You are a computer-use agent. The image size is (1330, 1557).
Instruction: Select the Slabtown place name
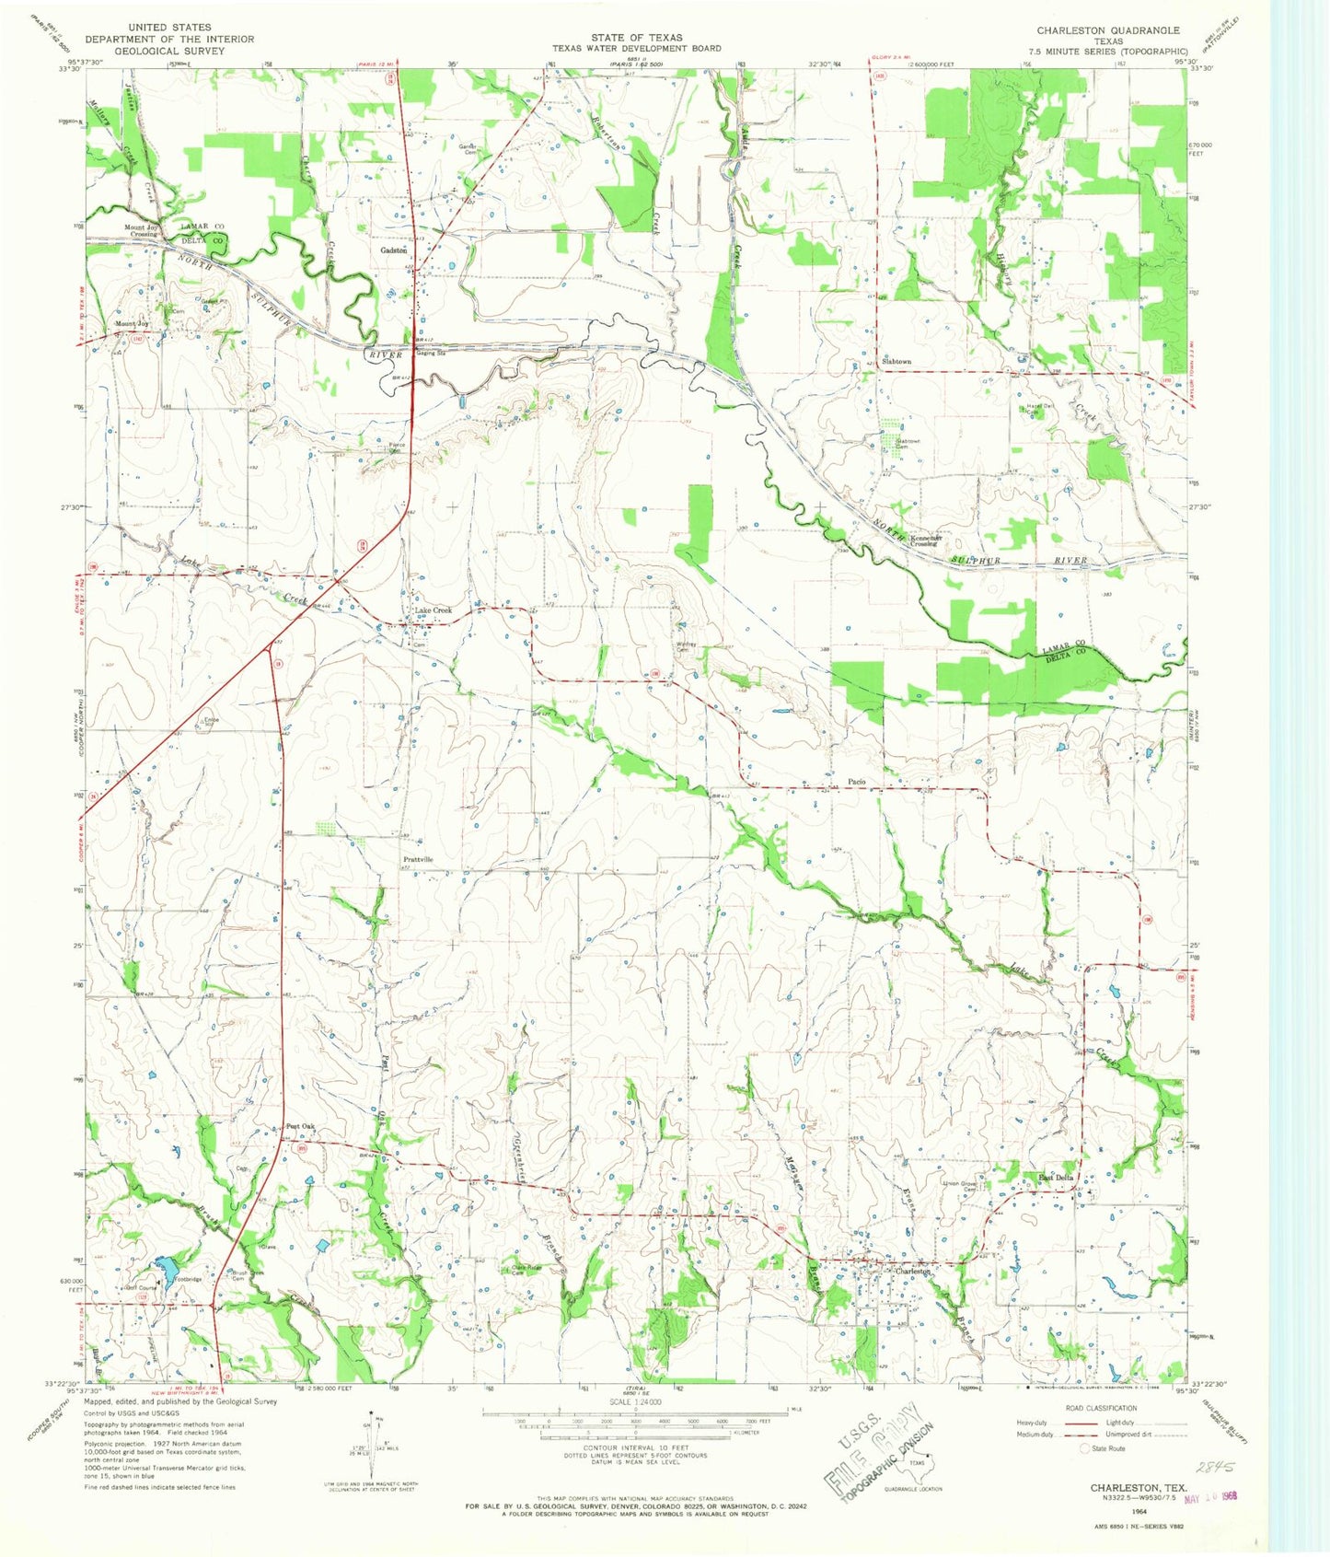(896, 362)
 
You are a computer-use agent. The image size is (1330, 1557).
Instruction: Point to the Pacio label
(856, 782)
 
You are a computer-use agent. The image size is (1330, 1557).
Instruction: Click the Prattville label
(418, 859)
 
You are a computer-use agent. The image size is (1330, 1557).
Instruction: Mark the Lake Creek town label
(433, 610)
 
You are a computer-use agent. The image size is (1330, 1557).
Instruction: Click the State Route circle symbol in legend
(1085, 1448)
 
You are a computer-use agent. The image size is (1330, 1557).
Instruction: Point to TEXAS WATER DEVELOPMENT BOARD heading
(637, 48)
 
